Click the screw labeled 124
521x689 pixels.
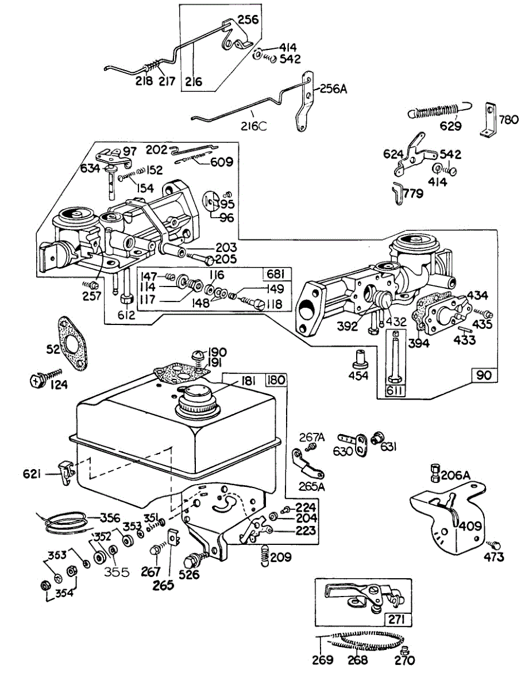[x=40, y=380]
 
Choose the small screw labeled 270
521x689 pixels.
[x=404, y=650]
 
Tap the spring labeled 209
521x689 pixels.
[x=265, y=555]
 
